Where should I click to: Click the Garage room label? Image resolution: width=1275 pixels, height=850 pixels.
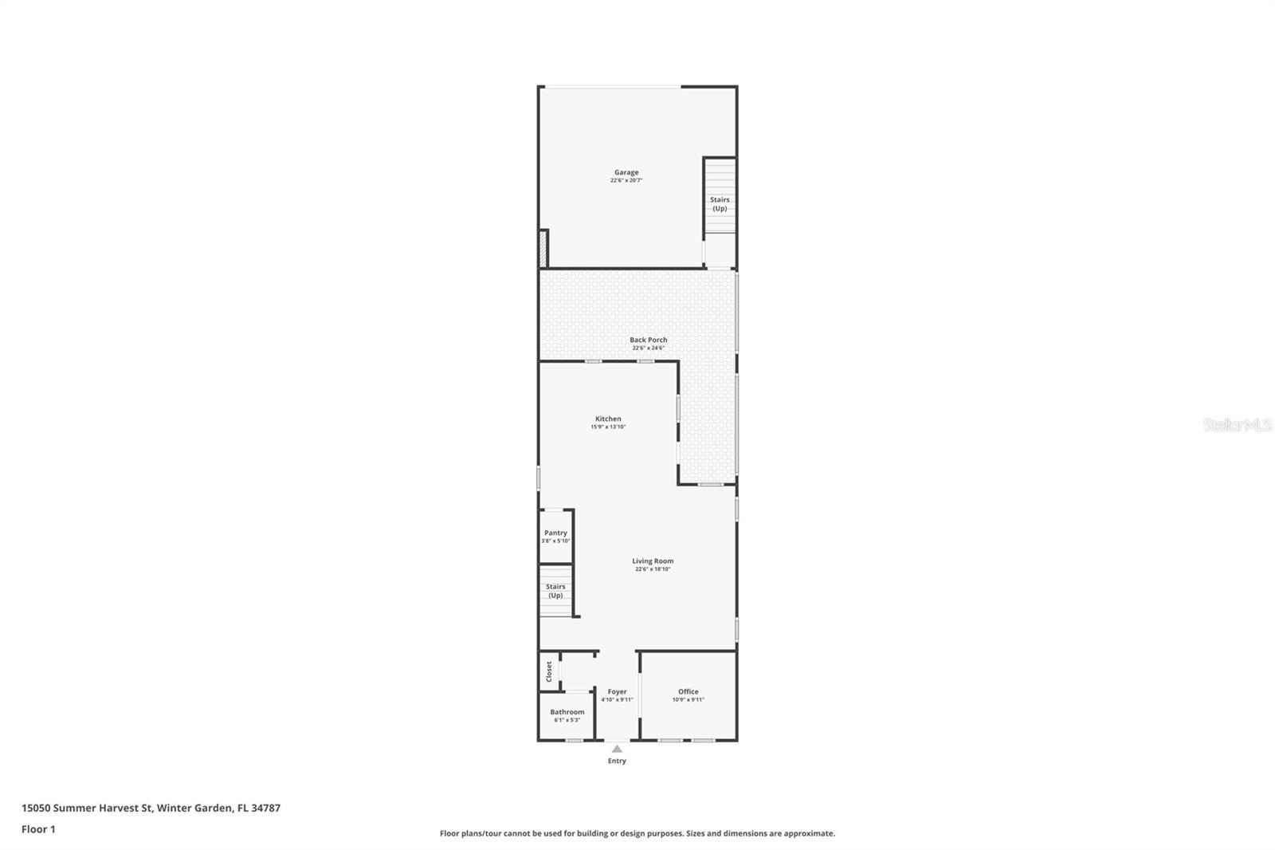(x=626, y=172)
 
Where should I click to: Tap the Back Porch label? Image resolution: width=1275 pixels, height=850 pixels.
(x=648, y=340)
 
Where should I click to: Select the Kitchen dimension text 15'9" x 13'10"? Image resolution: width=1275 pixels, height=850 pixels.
(x=608, y=427)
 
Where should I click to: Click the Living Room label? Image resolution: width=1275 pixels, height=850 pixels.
(x=653, y=561)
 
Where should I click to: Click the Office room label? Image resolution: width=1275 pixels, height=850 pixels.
(x=688, y=691)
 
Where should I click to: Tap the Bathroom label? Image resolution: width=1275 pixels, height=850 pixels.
(x=567, y=711)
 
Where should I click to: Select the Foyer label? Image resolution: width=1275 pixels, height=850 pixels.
(x=617, y=691)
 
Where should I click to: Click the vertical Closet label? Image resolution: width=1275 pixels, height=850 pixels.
(x=549, y=671)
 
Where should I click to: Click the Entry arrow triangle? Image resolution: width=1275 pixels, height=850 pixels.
(x=617, y=749)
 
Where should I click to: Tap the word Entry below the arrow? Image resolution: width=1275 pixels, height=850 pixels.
(x=617, y=761)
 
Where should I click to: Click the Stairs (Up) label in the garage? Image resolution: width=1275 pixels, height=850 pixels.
(x=720, y=204)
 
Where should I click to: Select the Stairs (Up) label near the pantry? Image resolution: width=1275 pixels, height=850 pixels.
(x=555, y=591)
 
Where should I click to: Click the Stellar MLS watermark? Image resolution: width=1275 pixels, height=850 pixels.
(x=1237, y=425)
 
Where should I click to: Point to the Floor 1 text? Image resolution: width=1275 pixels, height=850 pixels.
(x=38, y=829)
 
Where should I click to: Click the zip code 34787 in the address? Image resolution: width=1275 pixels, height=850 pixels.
(x=265, y=808)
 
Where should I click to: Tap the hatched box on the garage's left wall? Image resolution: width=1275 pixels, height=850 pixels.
(x=543, y=248)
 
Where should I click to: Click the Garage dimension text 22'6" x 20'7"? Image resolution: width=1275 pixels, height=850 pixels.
(x=626, y=181)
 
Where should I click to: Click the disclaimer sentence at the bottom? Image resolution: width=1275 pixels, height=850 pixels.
(x=637, y=833)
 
